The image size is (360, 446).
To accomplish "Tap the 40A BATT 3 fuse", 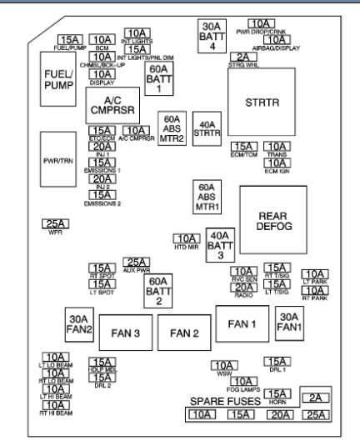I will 219,245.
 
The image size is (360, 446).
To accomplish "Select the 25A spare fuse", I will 315,414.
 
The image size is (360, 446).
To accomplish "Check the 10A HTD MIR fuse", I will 187,238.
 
